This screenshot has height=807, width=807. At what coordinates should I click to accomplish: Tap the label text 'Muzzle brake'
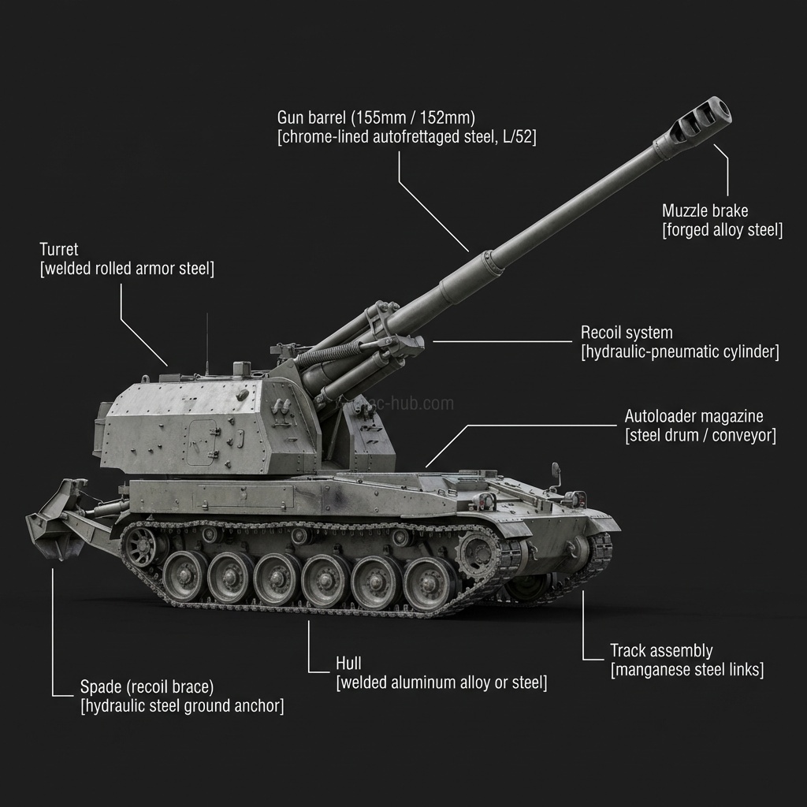(x=705, y=210)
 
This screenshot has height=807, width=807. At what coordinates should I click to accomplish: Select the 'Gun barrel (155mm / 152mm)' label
(x=376, y=118)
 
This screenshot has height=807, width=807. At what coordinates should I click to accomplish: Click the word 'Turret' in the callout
(x=58, y=249)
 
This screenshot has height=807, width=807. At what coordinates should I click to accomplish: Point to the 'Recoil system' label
(x=627, y=333)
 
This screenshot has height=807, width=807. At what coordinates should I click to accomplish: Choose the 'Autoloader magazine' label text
(x=694, y=416)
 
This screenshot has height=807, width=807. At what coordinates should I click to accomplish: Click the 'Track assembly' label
(x=661, y=650)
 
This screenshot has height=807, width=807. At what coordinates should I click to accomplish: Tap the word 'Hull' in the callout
(x=348, y=663)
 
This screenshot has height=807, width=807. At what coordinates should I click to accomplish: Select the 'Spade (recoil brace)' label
(x=147, y=686)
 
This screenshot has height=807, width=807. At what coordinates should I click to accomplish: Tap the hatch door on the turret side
(x=202, y=442)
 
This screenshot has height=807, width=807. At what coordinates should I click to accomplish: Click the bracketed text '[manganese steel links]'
(x=687, y=670)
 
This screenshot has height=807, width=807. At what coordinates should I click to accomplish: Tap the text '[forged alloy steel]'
(x=723, y=229)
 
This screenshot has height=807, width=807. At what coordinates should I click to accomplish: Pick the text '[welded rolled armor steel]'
(x=127, y=268)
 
